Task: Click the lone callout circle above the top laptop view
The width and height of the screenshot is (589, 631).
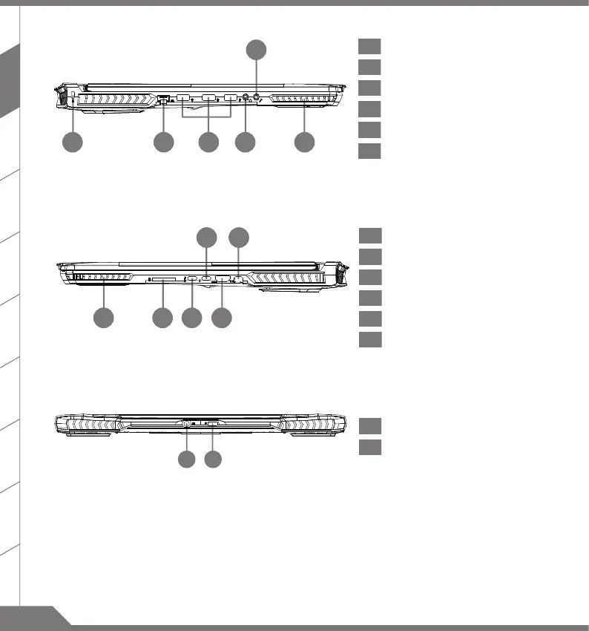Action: (x=256, y=50)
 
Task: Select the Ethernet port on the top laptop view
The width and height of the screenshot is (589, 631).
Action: (x=164, y=99)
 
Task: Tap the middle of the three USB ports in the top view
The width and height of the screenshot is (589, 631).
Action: (x=208, y=98)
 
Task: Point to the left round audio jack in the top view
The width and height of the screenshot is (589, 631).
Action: (x=246, y=97)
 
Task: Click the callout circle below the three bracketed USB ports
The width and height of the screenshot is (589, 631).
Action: (x=209, y=143)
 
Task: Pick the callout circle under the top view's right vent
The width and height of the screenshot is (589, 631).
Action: (x=303, y=143)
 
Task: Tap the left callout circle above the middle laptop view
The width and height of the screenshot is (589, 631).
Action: (x=206, y=238)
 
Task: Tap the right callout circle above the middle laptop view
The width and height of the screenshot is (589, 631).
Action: (x=238, y=238)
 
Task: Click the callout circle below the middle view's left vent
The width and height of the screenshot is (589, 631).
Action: (x=104, y=318)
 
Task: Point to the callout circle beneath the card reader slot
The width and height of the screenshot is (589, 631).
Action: (x=162, y=318)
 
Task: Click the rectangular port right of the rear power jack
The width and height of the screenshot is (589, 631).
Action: (x=214, y=424)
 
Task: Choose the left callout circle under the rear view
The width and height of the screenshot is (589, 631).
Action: (x=187, y=460)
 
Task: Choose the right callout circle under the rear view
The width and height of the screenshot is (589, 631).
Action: (x=214, y=460)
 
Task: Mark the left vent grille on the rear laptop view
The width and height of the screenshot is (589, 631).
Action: (x=93, y=425)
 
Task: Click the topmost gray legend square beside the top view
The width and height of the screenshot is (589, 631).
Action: (x=369, y=47)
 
